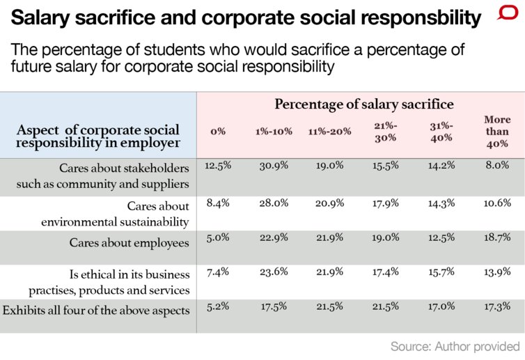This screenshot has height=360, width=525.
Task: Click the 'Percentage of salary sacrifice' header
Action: point(363,104)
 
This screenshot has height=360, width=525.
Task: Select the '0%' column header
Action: point(217,132)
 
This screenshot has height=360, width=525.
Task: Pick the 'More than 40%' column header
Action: point(497,131)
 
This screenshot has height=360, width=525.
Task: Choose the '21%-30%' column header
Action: point(386,132)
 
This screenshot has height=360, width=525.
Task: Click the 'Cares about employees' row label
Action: point(129,243)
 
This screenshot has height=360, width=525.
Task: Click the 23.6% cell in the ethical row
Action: point(271,272)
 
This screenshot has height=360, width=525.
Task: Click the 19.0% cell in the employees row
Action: point(386,237)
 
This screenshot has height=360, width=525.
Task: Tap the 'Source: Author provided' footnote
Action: point(455,346)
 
